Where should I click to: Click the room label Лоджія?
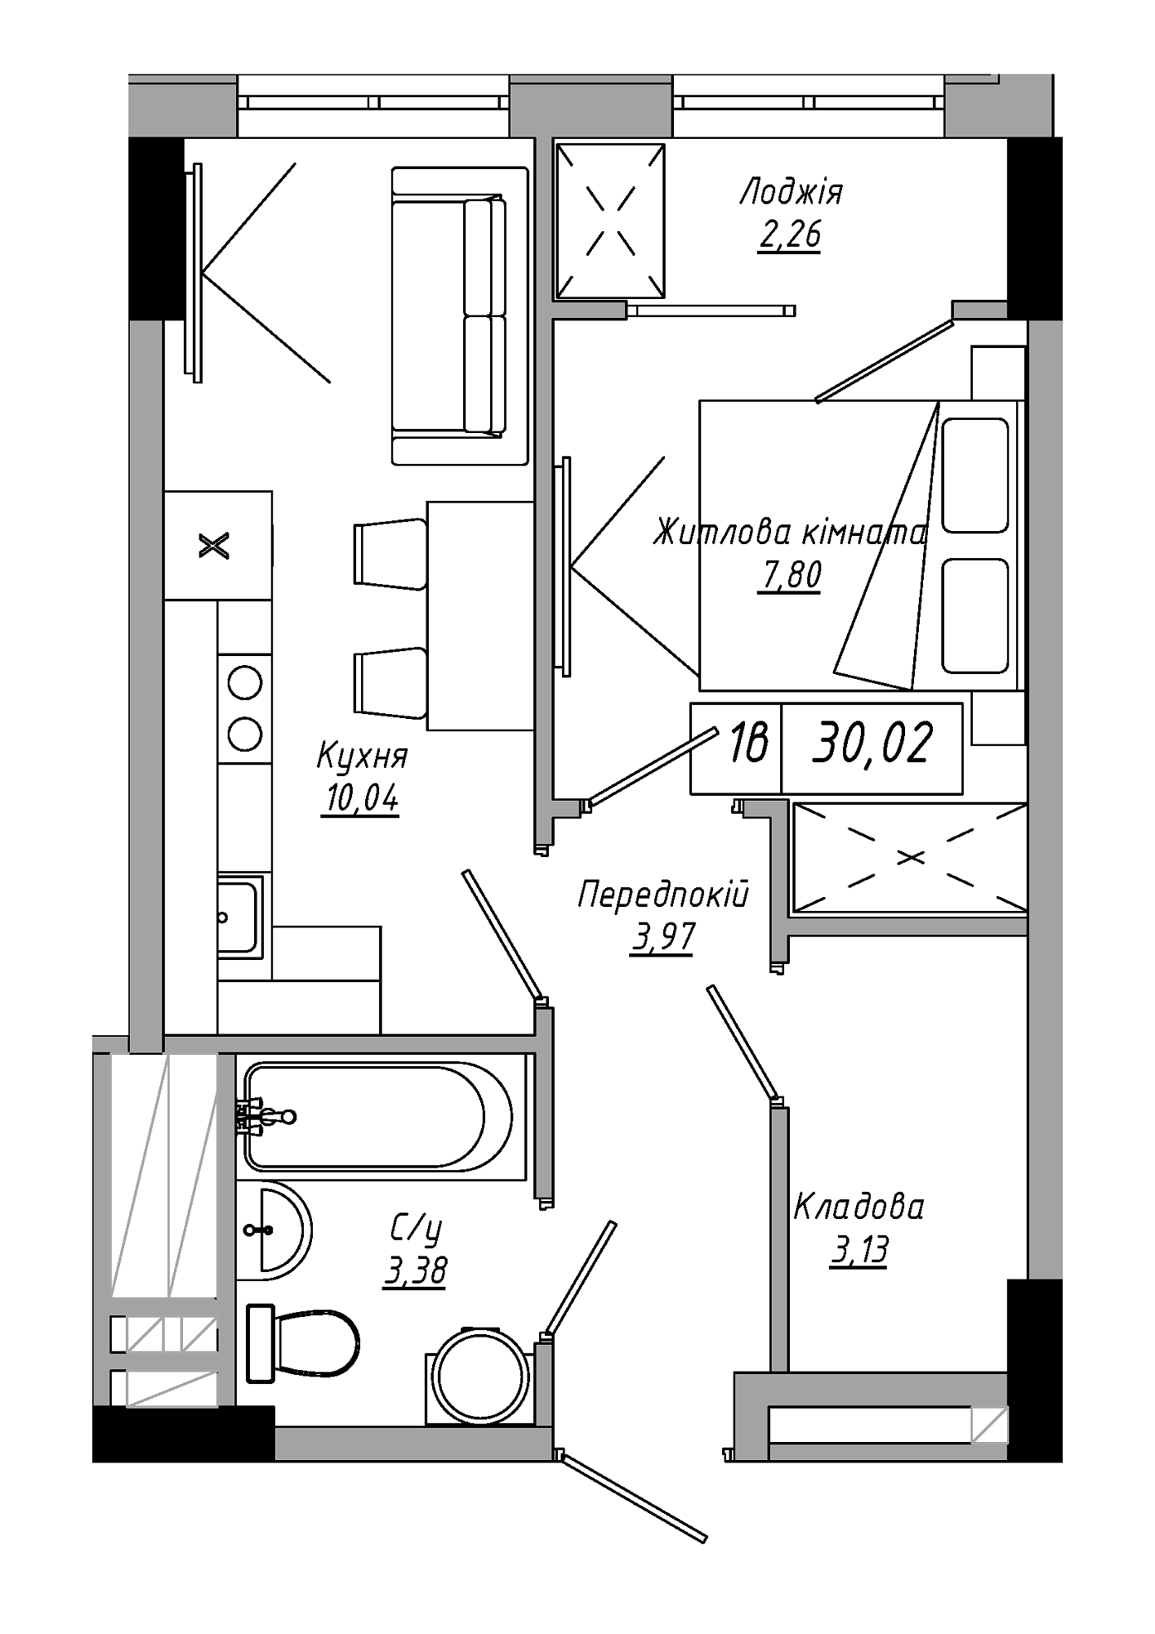(x=791, y=194)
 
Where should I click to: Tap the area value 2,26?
(x=789, y=235)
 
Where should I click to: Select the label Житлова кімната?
(x=790, y=534)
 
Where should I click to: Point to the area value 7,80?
(x=789, y=575)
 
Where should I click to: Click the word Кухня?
(x=362, y=757)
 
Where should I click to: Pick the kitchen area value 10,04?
(x=361, y=798)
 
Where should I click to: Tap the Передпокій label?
(x=663, y=895)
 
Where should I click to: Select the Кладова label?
(x=859, y=1207)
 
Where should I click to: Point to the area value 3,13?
(x=858, y=1250)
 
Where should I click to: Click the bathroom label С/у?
(x=416, y=1228)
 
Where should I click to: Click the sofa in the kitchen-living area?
(x=460, y=316)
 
